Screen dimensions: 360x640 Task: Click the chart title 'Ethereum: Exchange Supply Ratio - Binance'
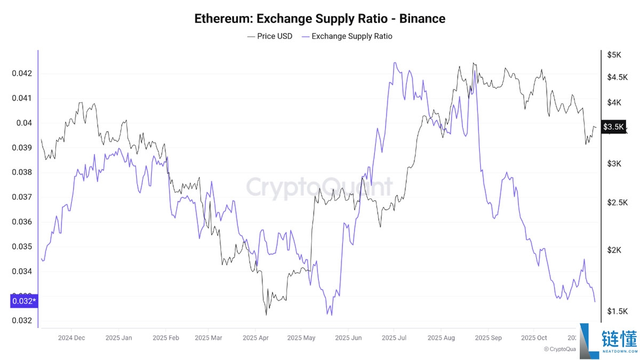pyautogui.click(x=319, y=19)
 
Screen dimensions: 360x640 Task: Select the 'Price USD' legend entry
pyautogui.click(x=270, y=36)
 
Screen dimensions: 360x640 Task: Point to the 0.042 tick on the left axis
pyautogui.click(x=22, y=73)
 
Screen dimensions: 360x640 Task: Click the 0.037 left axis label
pyautogui.click(x=22, y=197)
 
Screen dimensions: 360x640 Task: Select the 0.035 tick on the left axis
pyautogui.click(x=22, y=246)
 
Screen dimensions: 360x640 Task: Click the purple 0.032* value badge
pyautogui.click(x=24, y=301)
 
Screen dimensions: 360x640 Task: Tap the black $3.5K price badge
pyautogui.click(x=613, y=127)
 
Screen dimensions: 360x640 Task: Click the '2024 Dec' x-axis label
pyautogui.click(x=71, y=338)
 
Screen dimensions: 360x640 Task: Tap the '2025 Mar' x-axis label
pyautogui.click(x=209, y=338)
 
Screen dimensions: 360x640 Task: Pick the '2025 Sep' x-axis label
pyautogui.click(x=488, y=338)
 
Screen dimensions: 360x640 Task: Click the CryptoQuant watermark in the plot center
pyautogui.click(x=319, y=188)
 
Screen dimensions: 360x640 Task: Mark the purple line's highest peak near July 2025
pyautogui.click(x=395, y=63)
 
